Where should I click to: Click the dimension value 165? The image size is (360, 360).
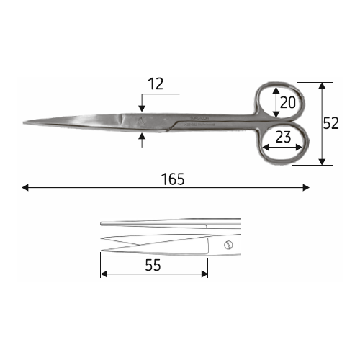pos(173,179)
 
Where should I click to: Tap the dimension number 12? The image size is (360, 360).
pos(156,84)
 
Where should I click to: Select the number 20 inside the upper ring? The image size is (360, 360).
pos(288,102)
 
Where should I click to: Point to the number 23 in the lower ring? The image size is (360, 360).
pos(283,137)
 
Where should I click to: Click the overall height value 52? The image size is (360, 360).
pos(330,123)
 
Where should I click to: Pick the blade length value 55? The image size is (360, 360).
pos(153,265)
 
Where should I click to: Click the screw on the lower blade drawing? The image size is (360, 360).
pos(228,245)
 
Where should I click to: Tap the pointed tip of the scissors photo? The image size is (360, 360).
pos(24,122)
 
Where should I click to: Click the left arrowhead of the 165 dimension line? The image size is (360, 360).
pos(25,188)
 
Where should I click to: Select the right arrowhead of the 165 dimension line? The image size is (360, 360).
pos(306,188)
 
